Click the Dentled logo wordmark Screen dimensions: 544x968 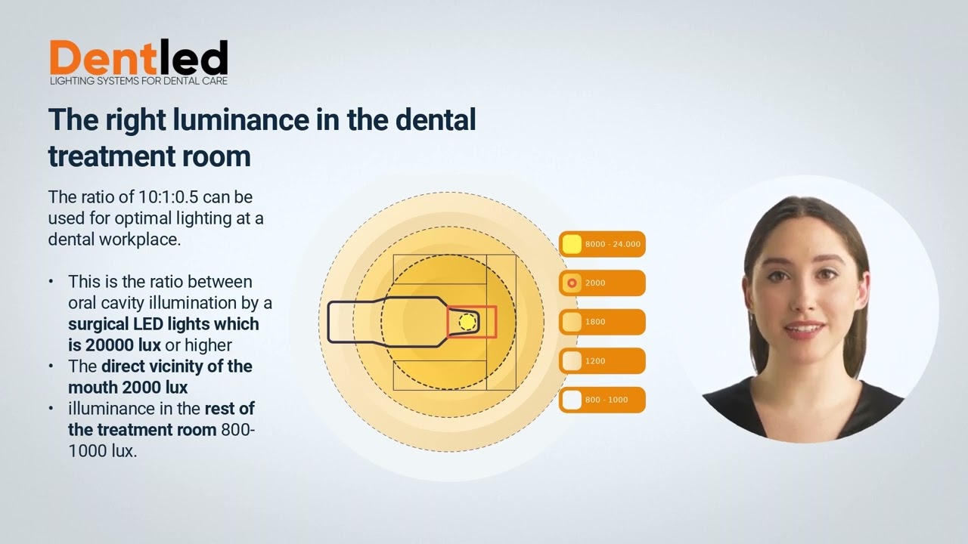138,57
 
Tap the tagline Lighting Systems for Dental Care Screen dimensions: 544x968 138,80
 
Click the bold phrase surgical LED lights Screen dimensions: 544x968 163,324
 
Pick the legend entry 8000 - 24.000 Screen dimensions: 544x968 602,244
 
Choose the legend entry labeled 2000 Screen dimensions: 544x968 602,283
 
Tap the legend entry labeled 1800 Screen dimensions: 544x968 602,322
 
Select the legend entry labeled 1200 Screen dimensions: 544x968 602,361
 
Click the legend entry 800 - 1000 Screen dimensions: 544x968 602,400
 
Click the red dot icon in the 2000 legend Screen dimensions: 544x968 572,283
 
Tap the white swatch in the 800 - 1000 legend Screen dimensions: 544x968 572,400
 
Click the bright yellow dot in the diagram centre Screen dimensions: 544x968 467,323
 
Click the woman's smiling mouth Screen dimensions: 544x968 803,329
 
